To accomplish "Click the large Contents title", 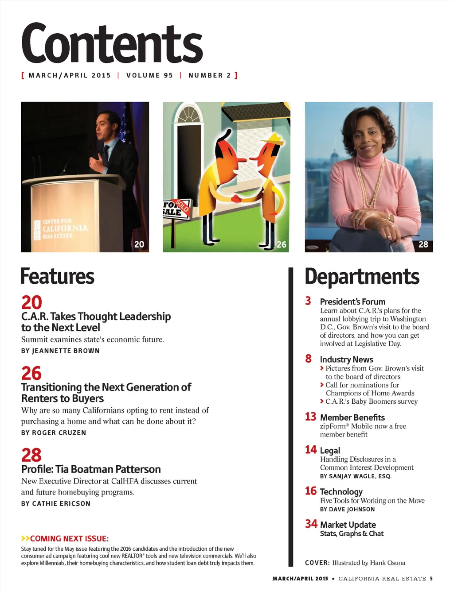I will click(x=112, y=43).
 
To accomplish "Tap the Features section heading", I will click(x=57, y=276).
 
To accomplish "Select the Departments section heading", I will click(x=362, y=277).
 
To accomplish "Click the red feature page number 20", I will click(x=31, y=302).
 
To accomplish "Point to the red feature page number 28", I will click(x=31, y=455).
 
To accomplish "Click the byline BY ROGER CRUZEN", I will click(x=54, y=433).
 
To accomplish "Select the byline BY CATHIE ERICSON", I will click(x=56, y=503).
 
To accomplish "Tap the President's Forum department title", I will click(x=352, y=301).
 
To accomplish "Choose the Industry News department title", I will click(x=346, y=359).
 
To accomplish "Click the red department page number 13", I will click(x=310, y=417).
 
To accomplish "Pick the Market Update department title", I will click(x=348, y=525).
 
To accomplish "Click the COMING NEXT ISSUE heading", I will click(x=69, y=538).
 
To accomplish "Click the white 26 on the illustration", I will click(x=282, y=244).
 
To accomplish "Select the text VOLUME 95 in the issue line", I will click(x=149, y=75).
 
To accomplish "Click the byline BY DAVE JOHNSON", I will click(x=347, y=509).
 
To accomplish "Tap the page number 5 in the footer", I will click(x=431, y=579).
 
